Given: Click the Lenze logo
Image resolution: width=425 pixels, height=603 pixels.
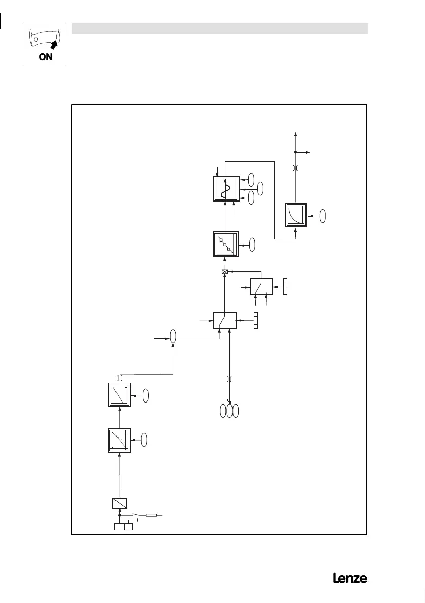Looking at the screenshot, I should pyautogui.click(x=350, y=578).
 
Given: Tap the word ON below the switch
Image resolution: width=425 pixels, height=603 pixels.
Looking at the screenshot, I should pyautogui.click(x=46, y=57).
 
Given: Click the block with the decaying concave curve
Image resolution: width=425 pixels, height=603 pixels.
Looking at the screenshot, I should pyautogui.click(x=296, y=215).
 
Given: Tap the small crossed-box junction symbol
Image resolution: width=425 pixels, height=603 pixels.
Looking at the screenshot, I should pyautogui.click(x=225, y=272).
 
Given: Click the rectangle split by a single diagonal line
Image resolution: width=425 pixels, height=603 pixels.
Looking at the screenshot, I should pyautogui.click(x=119, y=503).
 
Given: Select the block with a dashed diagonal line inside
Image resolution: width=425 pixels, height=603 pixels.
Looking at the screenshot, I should pyautogui.click(x=120, y=440).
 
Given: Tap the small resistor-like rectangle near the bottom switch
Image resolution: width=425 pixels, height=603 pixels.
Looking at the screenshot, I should pyautogui.click(x=151, y=515).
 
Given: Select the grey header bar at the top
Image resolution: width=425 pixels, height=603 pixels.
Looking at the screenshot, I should pyautogui.click(x=219, y=28).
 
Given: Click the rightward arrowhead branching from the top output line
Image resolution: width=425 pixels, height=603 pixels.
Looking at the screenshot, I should pyautogui.click(x=311, y=152).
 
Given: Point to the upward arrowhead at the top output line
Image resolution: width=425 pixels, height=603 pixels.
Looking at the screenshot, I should pyautogui.click(x=296, y=134).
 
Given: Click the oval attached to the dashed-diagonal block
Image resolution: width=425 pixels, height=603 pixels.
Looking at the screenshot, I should pyautogui.click(x=144, y=439).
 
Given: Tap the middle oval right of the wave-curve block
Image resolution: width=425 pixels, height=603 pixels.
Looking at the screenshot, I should pyautogui.click(x=260, y=188).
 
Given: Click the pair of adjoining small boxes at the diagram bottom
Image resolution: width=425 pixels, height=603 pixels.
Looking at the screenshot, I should pyautogui.click(x=124, y=527).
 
